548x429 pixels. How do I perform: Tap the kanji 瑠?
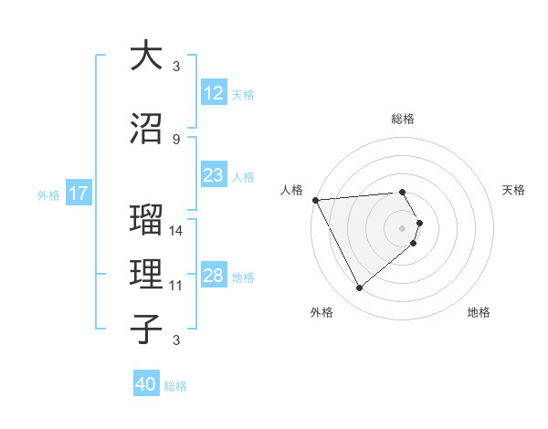[146, 222]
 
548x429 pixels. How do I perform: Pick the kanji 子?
[146, 328]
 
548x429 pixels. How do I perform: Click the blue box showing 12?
[213, 93]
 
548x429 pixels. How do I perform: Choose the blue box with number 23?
[213, 175]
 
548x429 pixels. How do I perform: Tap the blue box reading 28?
[213, 276]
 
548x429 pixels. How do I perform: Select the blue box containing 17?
[78, 194]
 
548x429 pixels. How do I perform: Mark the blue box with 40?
[146, 384]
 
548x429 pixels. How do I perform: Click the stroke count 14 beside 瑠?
[176, 231]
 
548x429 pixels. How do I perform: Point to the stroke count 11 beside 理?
[176, 286]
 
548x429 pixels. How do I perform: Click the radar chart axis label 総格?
[403, 119]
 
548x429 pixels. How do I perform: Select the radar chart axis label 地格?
[479, 312]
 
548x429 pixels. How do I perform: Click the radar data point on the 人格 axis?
[314, 200]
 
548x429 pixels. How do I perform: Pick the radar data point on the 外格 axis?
[359, 288]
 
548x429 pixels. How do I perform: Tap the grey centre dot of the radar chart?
[403, 227]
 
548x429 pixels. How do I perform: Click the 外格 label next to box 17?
[48, 194]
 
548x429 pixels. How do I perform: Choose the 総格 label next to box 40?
[175, 386]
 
